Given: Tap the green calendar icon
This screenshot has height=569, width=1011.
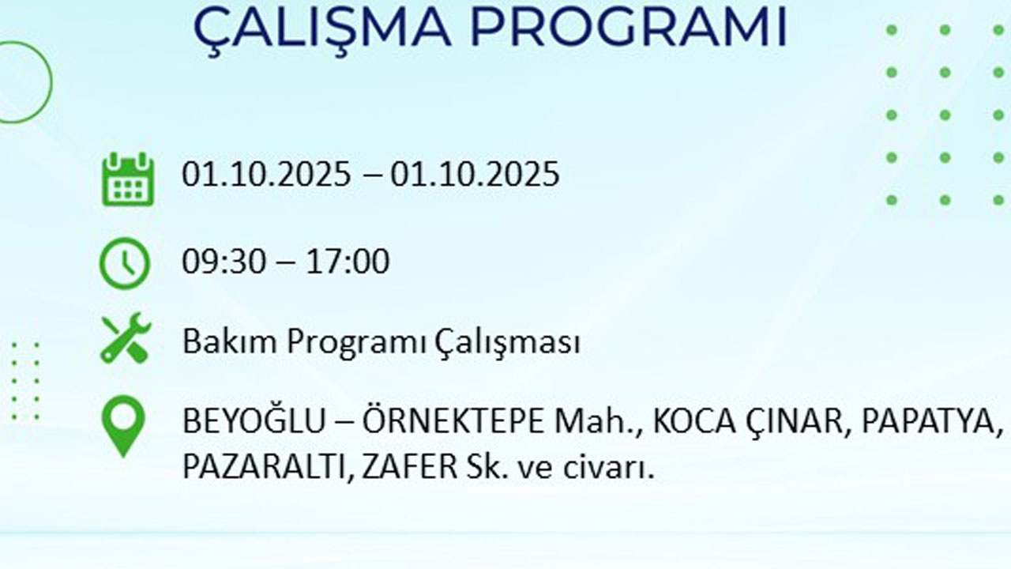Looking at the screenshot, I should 127,179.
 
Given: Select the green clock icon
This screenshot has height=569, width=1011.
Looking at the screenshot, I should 124,263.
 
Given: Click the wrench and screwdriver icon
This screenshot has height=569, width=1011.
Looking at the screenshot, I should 125,339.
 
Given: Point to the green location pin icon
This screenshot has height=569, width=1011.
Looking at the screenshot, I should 123,425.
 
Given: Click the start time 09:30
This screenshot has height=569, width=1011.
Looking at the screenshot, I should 222,262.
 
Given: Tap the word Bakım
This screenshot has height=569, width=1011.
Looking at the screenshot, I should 230,343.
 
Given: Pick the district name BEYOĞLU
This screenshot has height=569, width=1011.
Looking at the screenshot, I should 253,421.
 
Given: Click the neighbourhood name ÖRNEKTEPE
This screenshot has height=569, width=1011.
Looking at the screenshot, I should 453,421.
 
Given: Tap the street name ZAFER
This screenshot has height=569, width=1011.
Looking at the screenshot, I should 407,467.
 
